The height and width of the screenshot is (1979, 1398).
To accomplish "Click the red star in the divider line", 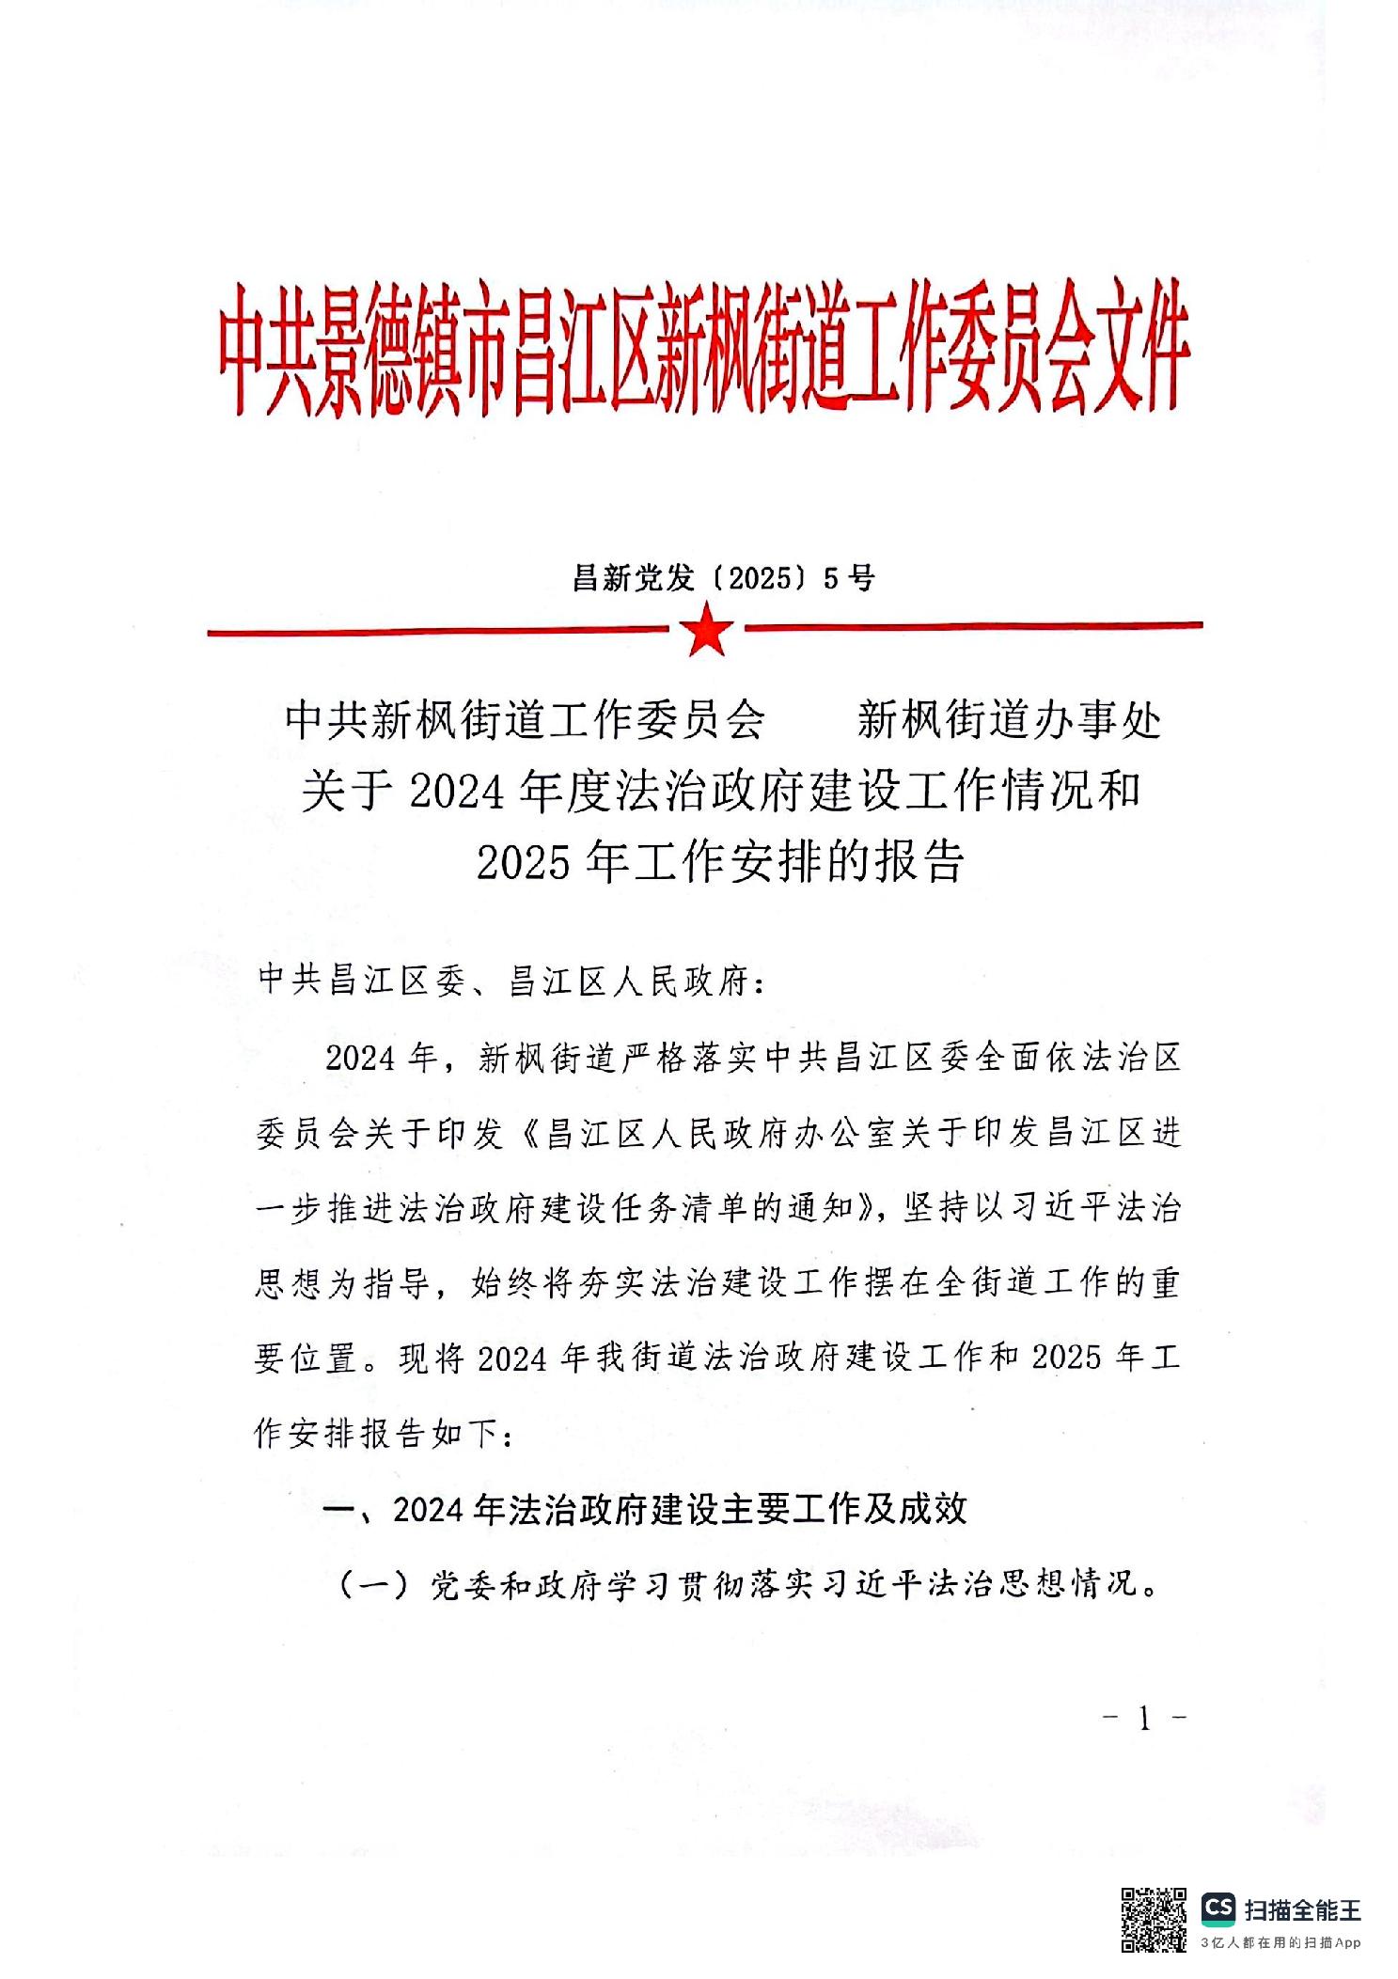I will pos(706,630).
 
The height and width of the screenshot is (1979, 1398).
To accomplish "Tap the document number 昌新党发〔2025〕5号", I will pos(723,577).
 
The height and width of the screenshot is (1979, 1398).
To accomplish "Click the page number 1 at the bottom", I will pos(1144,1720).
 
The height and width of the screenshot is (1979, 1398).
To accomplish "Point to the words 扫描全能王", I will pos(1302,1909).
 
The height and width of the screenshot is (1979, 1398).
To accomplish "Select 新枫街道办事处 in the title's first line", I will pos(1009,721).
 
